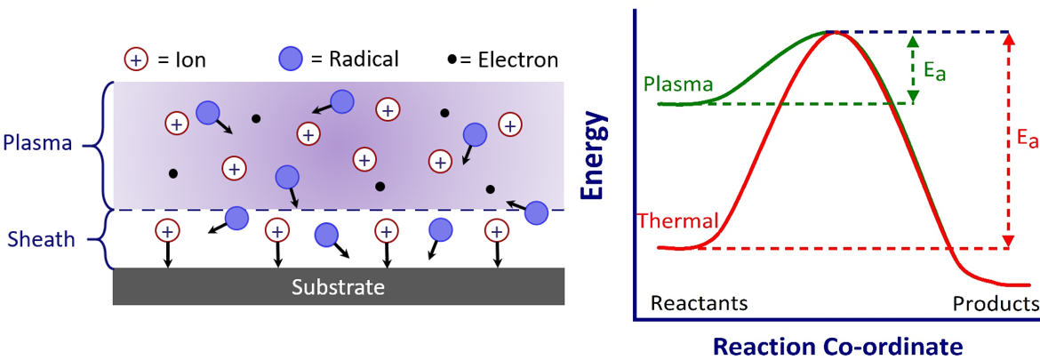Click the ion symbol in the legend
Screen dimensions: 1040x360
coord(135,60)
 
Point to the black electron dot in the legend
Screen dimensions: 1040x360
coord(452,60)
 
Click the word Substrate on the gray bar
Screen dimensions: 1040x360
coord(339,287)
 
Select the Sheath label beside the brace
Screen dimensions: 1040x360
coord(41,239)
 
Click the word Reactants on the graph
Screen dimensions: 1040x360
coord(699,303)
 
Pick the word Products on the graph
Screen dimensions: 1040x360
coord(995,304)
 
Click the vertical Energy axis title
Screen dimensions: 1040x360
coord(594,156)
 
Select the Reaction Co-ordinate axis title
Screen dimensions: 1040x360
coord(837,346)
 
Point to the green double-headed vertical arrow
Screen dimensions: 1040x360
coord(913,68)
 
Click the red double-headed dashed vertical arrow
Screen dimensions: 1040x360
coord(1009,140)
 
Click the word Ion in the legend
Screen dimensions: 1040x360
coord(191,60)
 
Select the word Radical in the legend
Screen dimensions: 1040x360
coord(364,59)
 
